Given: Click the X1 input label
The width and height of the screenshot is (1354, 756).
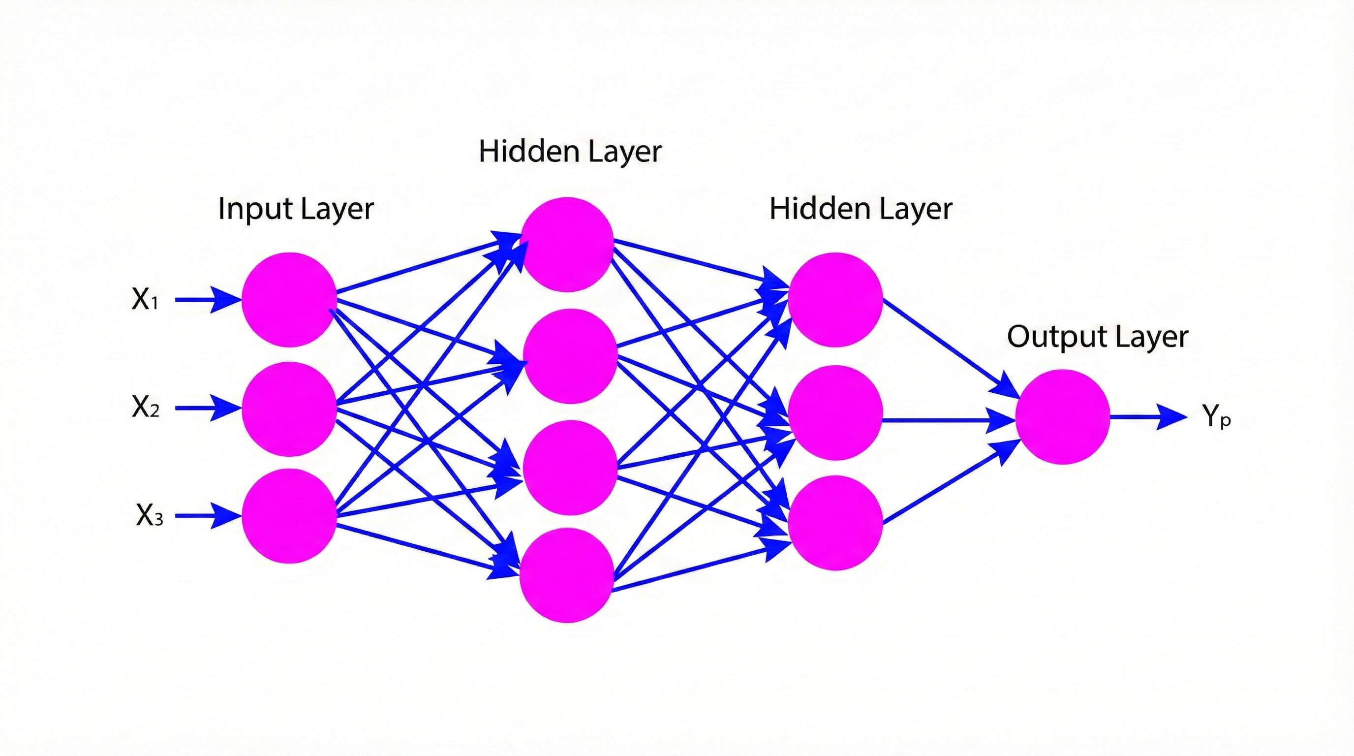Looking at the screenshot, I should pyautogui.click(x=145, y=299).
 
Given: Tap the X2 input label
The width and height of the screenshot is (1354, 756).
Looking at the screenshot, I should pyautogui.click(x=145, y=407).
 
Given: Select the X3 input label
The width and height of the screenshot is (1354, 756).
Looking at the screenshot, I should pyautogui.click(x=149, y=515).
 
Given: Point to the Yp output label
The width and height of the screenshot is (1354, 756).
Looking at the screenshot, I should pyautogui.click(x=1216, y=417).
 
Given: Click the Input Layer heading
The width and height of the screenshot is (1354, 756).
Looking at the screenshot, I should pyautogui.click(x=295, y=209).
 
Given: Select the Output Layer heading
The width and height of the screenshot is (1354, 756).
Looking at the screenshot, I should pyautogui.click(x=1097, y=337).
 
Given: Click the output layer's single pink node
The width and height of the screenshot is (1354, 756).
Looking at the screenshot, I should pyautogui.click(x=1062, y=417).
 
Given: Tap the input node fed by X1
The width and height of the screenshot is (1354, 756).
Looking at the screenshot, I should pyautogui.click(x=289, y=300).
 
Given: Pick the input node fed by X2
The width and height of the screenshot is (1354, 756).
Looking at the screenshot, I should pyautogui.click(x=289, y=409).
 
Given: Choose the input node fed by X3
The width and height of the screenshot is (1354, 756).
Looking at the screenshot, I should pyautogui.click(x=289, y=516).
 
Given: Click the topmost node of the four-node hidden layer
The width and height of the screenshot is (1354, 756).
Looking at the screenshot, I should pyautogui.click(x=567, y=245).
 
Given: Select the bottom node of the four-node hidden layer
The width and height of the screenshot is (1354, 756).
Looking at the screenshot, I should pyautogui.click(x=567, y=575).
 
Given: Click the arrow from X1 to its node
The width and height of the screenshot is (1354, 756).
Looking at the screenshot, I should pyautogui.click(x=208, y=300).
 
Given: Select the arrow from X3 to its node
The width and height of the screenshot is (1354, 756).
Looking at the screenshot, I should pyautogui.click(x=208, y=516).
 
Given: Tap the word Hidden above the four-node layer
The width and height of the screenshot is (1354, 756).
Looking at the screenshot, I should pyautogui.click(x=528, y=152).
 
